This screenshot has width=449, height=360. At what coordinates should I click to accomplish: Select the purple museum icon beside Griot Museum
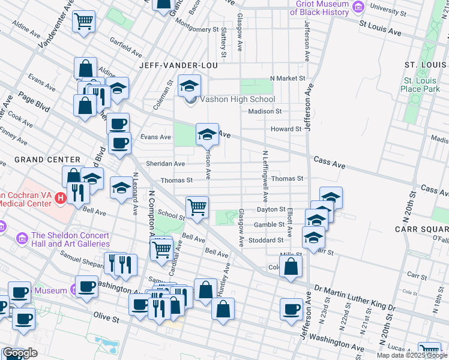[358, 8]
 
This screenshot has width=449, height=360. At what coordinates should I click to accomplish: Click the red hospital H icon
[60, 197]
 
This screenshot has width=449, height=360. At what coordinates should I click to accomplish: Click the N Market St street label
[288, 78]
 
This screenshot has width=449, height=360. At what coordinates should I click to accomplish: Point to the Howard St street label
[285, 129]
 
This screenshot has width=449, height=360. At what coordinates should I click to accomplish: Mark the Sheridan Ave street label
[162, 163]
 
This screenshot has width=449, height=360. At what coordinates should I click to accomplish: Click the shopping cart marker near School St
[197, 208]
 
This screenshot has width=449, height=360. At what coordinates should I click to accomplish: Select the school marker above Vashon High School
[189, 86]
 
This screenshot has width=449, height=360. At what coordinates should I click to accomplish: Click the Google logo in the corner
[20, 353]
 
